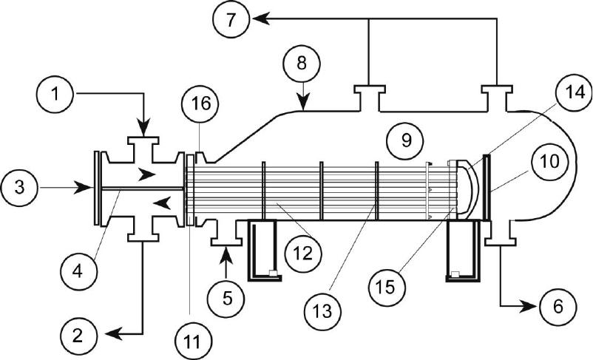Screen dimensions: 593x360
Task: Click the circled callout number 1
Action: pyautogui.click(x=55, y=94)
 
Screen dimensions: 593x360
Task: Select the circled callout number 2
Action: pyautogui.click(x=78, y=336)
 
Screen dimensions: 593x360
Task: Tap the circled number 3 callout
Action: pyautogui.click(x=20, y=188)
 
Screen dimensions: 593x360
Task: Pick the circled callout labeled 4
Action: pyautogui.click(x=78, y=271)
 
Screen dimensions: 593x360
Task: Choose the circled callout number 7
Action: pyautogui.click(x=231, y=19)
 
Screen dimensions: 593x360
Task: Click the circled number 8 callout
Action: pyautogui.click(x=302, y=63)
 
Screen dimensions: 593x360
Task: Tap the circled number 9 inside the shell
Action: pyautogui.click(x=405, y=140)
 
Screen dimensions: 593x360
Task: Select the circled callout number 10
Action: pyautogui.click(x=549, y=161)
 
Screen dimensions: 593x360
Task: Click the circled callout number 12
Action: pyautogui.click(x=304, y=254)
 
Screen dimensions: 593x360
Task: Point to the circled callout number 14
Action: pyautogui.click(x=574, y=92)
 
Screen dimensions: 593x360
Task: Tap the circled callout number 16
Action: pyautogui.click(x=200, y=103)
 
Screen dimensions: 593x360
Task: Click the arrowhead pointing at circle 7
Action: pyautogui.click(x=260, y=18)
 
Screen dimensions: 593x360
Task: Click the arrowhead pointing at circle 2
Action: pyautogui.click(x=114, y=334)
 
